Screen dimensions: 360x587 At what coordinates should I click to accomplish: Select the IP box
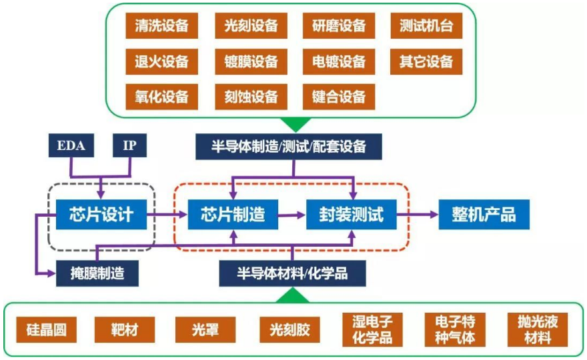tap(130, 146)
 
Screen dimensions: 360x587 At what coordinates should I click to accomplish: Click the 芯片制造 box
tap(233, 215)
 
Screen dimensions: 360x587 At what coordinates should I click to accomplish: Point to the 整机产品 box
tap(478, 215)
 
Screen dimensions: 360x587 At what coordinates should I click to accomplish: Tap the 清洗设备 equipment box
tap(157, 27)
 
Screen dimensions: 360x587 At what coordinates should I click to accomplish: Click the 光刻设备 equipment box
tap(247, 27)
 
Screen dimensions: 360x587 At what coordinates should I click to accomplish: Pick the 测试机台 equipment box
tap(426, 27)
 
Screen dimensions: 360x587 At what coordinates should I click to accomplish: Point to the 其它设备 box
tap(426, 62)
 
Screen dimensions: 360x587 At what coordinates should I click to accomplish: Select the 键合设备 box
tap(339, 97)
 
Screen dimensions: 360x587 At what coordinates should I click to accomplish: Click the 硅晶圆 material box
tap(46, 329)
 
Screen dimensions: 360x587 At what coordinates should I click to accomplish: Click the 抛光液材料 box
tap(538, 329)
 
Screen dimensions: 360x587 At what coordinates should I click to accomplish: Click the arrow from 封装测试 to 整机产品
tap(419, 215)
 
